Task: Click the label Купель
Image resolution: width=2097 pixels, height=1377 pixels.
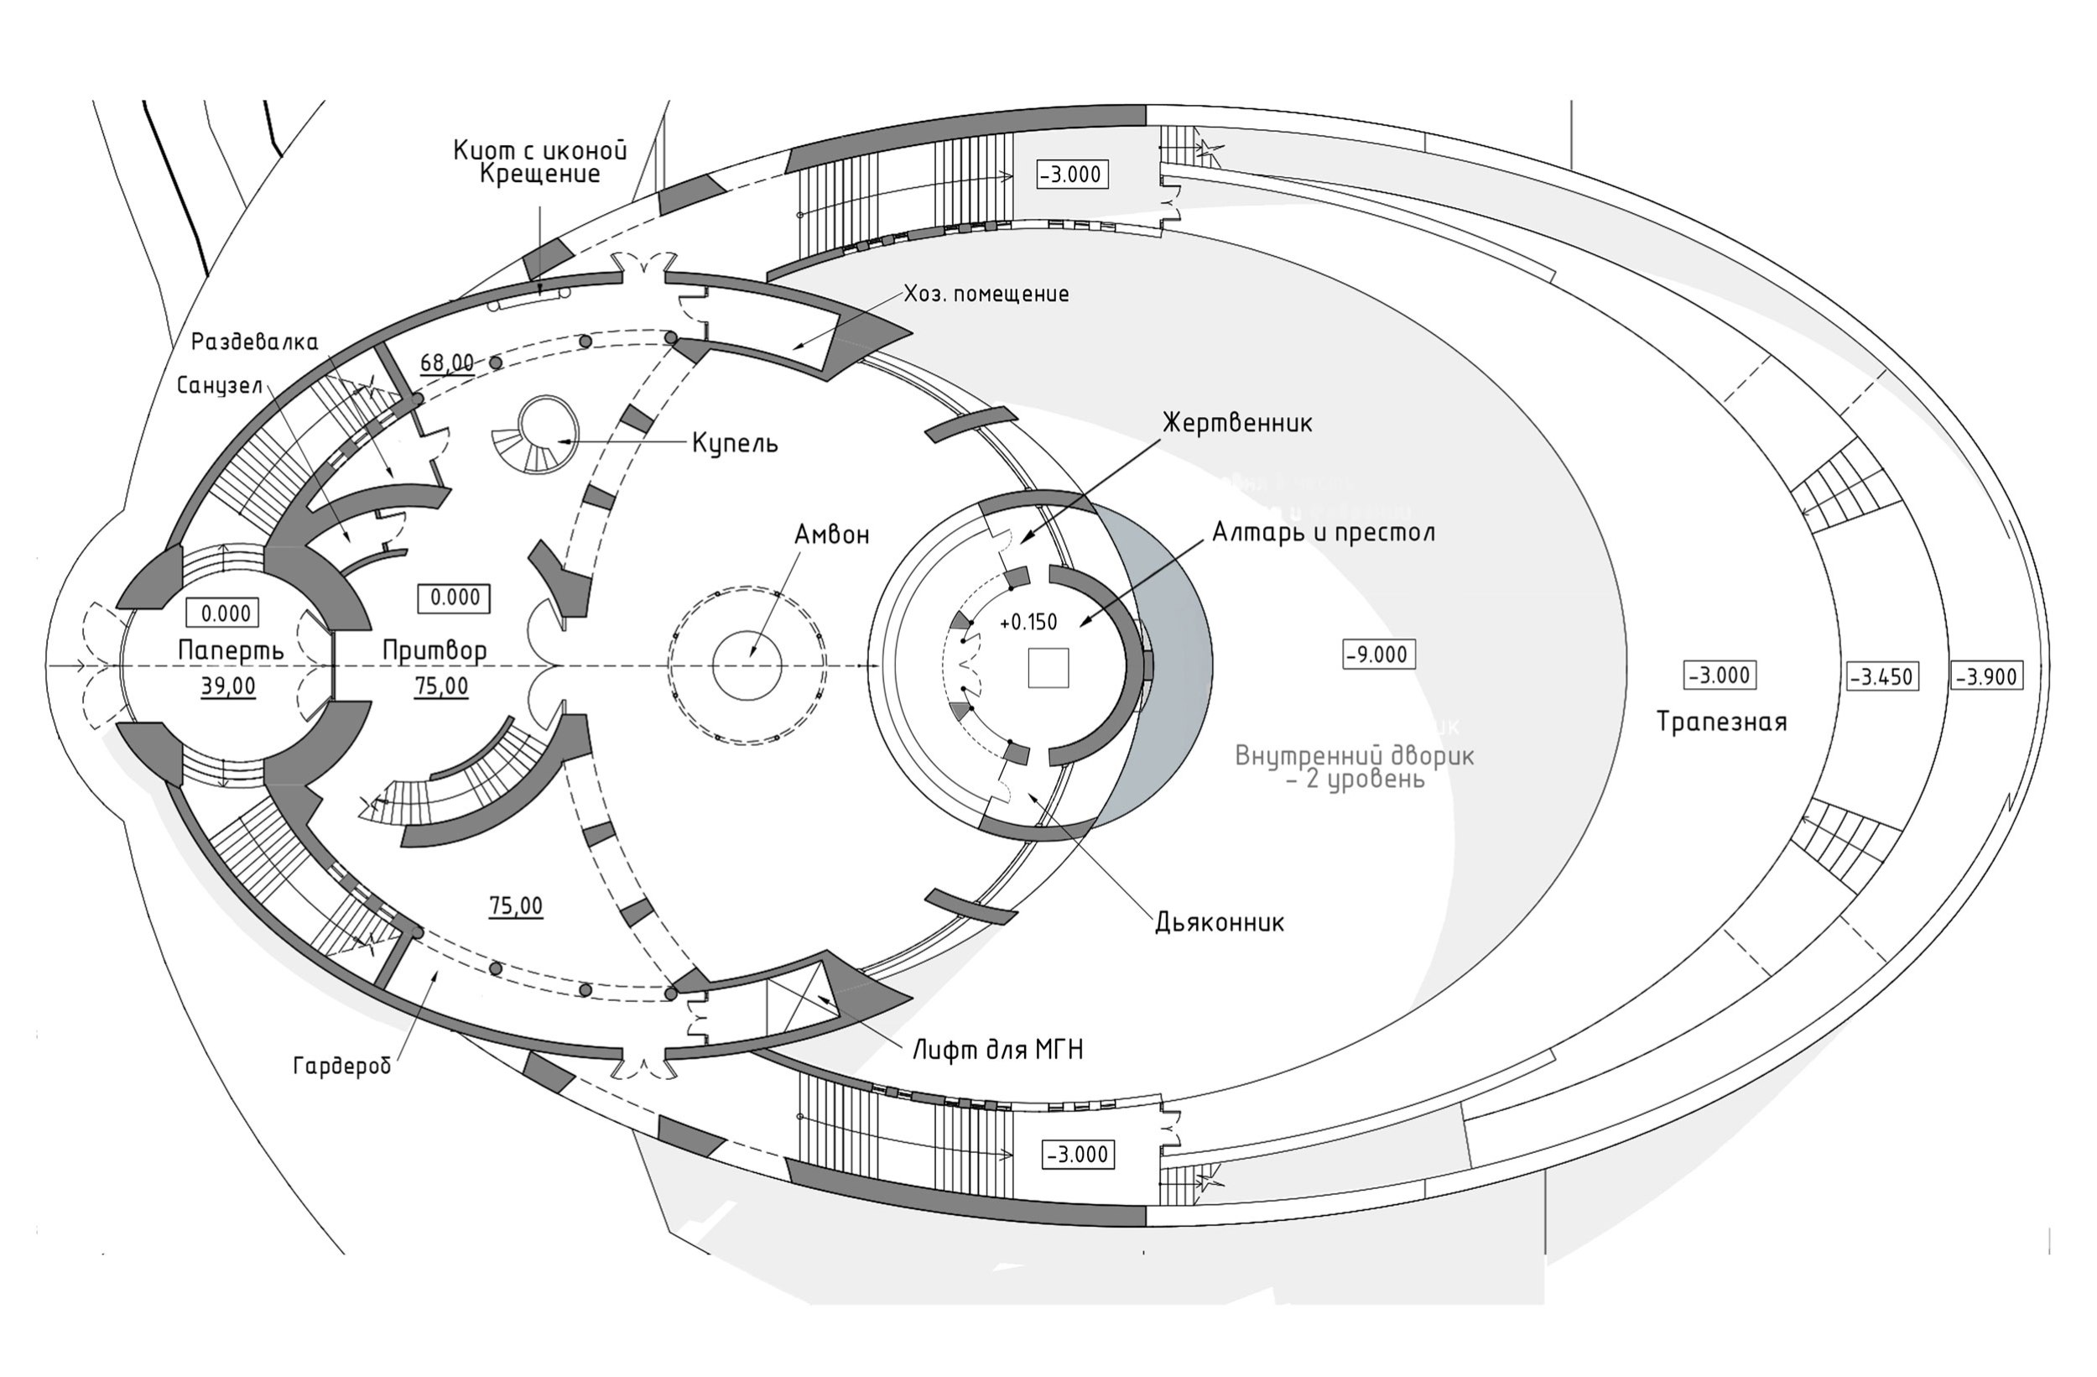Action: point(735,442)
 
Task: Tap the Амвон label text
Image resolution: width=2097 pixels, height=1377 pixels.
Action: point(831,535)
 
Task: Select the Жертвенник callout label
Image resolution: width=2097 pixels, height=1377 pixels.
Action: point(1237,423)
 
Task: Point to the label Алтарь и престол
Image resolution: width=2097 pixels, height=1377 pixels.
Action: point(1324,533)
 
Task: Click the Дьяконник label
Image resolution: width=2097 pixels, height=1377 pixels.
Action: point(1220,922)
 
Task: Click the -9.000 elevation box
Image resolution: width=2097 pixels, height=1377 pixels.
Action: point(1379,655)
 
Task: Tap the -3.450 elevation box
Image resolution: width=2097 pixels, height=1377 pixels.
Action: point(1881,677)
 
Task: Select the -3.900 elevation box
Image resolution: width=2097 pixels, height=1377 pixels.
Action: point(1987,677)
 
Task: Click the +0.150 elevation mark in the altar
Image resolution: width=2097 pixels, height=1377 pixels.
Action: point(1028,623)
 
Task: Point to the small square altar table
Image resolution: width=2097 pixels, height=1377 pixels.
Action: point(1048,667)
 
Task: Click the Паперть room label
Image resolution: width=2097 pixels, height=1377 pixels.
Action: point(231,650)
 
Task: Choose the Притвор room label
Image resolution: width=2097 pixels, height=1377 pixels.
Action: point(434,651)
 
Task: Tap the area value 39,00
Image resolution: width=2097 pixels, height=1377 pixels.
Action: point(228,686)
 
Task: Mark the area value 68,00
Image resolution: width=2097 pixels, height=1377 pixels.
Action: point(447,363)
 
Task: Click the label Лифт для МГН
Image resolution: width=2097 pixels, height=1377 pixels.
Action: point(997,1050)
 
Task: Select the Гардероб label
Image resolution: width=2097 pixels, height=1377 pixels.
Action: point(342,1067)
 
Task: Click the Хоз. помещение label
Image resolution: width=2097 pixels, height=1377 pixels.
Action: point(986,294)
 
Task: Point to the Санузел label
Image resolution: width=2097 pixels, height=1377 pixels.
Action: point(220,385)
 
